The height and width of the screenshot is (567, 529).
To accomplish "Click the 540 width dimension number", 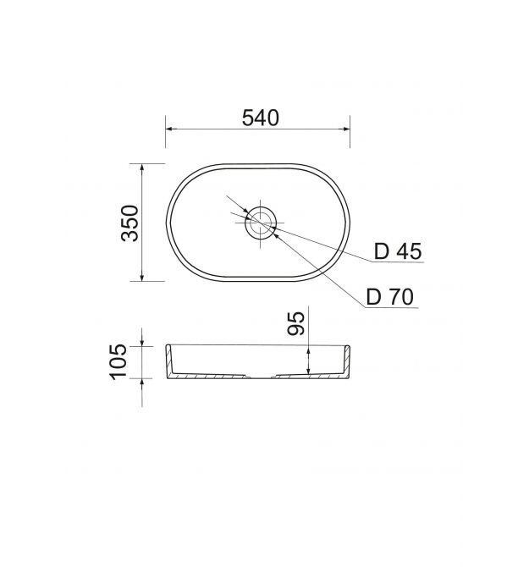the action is [x=261, y=118].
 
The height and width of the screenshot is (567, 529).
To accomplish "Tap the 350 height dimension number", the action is [x=129, y=223].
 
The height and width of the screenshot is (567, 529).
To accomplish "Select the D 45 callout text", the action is [x=398, y=251].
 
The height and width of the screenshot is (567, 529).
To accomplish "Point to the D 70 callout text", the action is [x=390, y=297].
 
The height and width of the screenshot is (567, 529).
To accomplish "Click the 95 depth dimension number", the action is [x=296, y=323].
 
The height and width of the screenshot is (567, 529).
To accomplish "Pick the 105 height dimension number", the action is [x=118, y=361].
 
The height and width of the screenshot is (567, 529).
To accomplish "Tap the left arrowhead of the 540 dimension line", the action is [x=169, y=129].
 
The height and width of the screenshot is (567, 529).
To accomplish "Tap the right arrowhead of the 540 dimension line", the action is [x=346, y=129].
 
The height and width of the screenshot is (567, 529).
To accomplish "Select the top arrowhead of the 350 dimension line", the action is [x=141, y=167].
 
